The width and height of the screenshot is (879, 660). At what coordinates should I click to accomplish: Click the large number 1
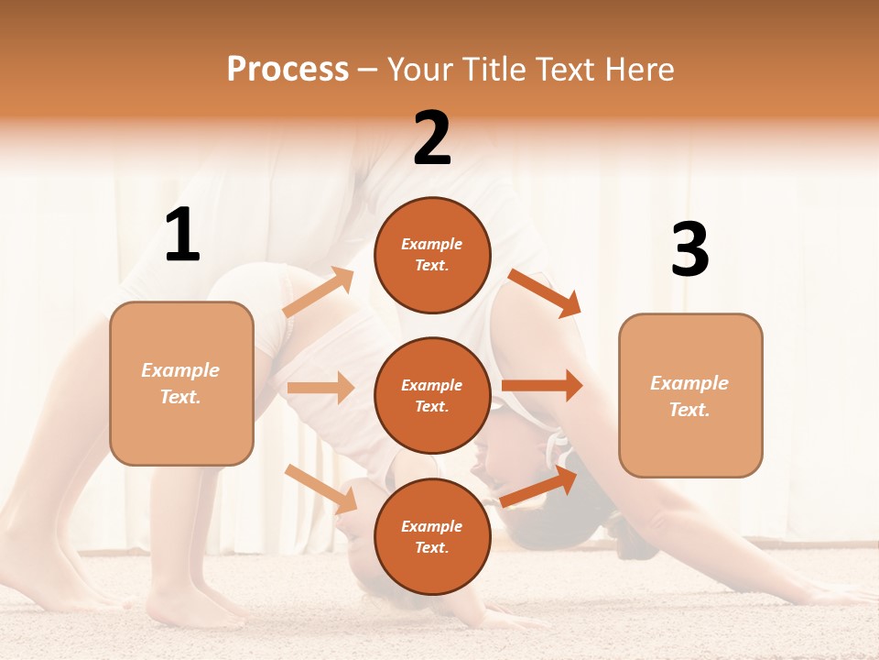(x=182, y=236)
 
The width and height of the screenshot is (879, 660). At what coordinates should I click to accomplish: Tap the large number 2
(x=432, y=138)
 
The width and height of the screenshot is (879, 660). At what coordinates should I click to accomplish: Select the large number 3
(x=689, y=250)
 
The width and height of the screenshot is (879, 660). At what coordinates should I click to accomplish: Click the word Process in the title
(x=288, y=69)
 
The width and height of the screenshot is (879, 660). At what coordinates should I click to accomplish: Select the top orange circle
(x=432, y=255)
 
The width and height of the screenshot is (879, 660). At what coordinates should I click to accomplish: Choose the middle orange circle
(x=432, y=395)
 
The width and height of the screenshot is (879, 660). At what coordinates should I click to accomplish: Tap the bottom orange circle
(x=432, y=536)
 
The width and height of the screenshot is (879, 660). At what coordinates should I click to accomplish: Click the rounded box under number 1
(x=181, y=383)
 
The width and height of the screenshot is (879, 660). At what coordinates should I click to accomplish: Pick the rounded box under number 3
(x=690, y=395)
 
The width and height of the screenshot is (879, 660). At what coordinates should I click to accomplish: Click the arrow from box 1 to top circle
(x=318, y=292)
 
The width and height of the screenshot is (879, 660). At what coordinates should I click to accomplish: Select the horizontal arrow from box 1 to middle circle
(x=320, y=388)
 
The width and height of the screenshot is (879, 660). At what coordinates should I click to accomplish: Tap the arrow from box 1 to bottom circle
(x=320, y=488)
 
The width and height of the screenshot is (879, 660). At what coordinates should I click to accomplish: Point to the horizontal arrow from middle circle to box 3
(x=542, y=386)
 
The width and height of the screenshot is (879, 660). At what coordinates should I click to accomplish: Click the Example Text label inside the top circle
(x=432, y=255)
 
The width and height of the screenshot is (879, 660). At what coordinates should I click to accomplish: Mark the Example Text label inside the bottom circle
(x=432, y=536)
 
